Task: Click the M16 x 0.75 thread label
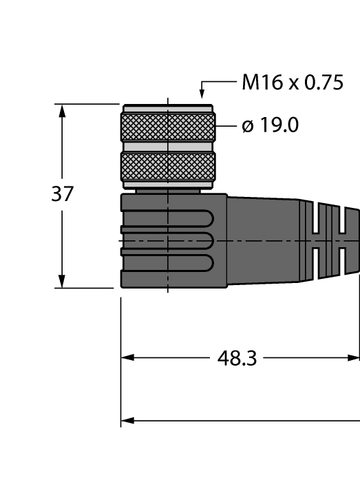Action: [292, 83]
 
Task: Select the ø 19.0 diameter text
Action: [270, 126]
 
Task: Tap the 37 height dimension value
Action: [62, 194]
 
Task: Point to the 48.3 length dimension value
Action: [237, 358]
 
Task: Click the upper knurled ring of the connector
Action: [168, 127]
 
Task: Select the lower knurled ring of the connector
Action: [168, 166]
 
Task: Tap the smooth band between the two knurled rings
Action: [168, 147]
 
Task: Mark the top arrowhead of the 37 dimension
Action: [62, 111]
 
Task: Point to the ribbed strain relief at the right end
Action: [330, 241]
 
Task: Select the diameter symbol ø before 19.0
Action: [248, 127]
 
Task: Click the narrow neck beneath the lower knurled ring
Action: [168, 191]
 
